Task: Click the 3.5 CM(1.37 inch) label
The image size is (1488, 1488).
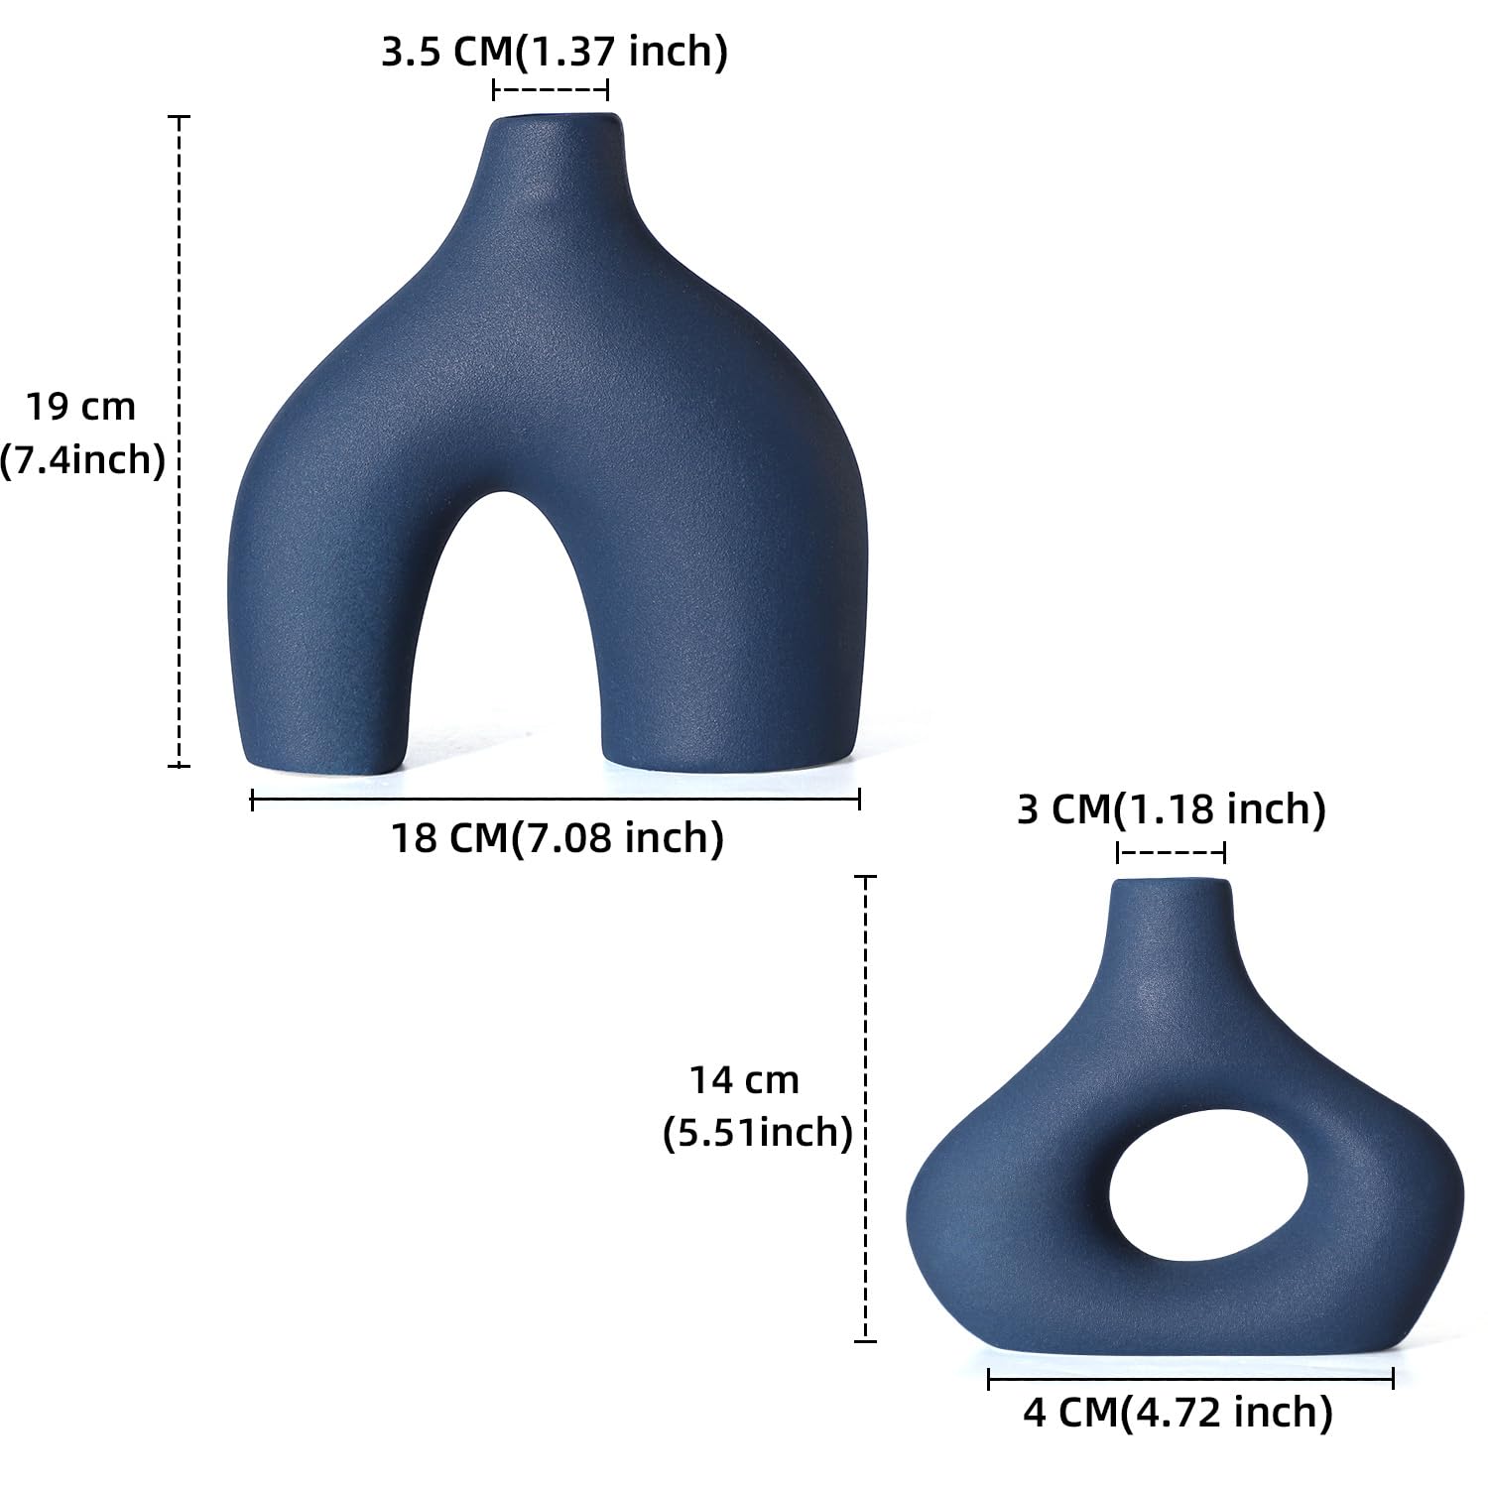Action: [555, 52]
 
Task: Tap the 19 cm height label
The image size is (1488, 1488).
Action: [80, 407]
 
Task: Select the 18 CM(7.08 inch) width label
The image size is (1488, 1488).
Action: [558, 838]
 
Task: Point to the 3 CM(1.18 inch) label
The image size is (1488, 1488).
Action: [1172, 809]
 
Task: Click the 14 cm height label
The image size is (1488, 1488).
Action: [744, 1079]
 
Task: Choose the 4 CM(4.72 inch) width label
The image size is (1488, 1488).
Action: [1178, 1412]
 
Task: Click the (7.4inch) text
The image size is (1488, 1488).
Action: [81, 460]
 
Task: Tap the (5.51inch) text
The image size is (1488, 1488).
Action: [758, 1132]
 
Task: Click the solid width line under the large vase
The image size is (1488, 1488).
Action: [556, 799]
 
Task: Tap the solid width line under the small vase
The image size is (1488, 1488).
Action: [1190, 1378]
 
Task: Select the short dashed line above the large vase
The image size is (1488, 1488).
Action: [551, 90]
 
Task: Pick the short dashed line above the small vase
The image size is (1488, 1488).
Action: [1171, 852]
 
